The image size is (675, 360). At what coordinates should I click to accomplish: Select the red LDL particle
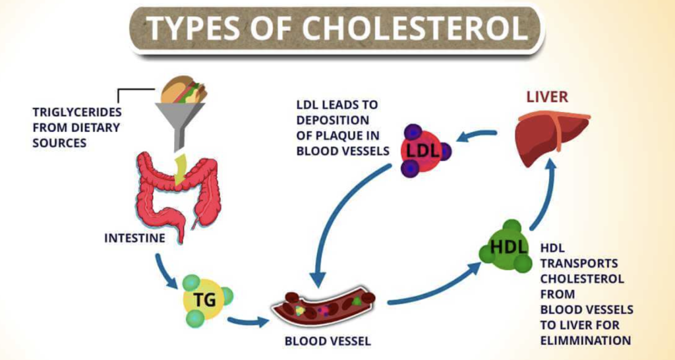(422, 151)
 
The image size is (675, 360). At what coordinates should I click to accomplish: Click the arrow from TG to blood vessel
(248, 321)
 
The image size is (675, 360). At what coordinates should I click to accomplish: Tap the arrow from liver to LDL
(477, 135)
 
